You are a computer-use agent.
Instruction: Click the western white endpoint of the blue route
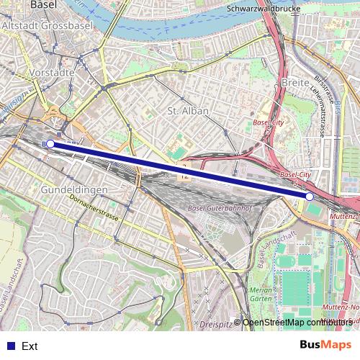(50, 144)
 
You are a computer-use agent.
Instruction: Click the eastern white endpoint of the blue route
(309, 197)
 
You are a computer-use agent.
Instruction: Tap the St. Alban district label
(187, 111)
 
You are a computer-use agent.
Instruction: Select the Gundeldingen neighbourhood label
(75, 189)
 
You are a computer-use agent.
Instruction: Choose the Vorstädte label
(53, 73)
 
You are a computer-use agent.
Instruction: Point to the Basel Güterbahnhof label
(217, 209)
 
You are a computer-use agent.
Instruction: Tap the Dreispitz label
(220, 325)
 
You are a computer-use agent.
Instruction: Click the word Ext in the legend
(30, 346)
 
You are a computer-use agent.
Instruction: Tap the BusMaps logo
(325, 345)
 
